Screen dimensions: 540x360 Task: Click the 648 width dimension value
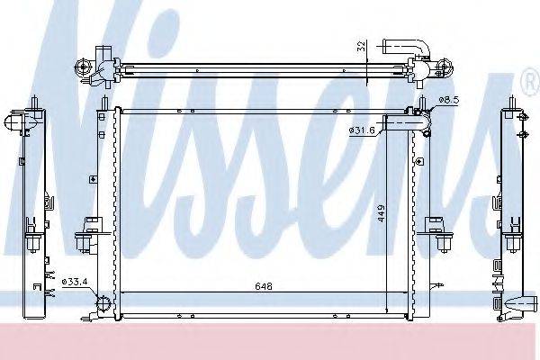click(264, 286)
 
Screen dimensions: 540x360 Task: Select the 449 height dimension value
click(382, 213)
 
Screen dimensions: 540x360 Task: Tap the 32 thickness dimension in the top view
click(361, 46)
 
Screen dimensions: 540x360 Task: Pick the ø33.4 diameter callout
click(75, 282)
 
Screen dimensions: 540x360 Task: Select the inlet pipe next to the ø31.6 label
click(407, 123)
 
